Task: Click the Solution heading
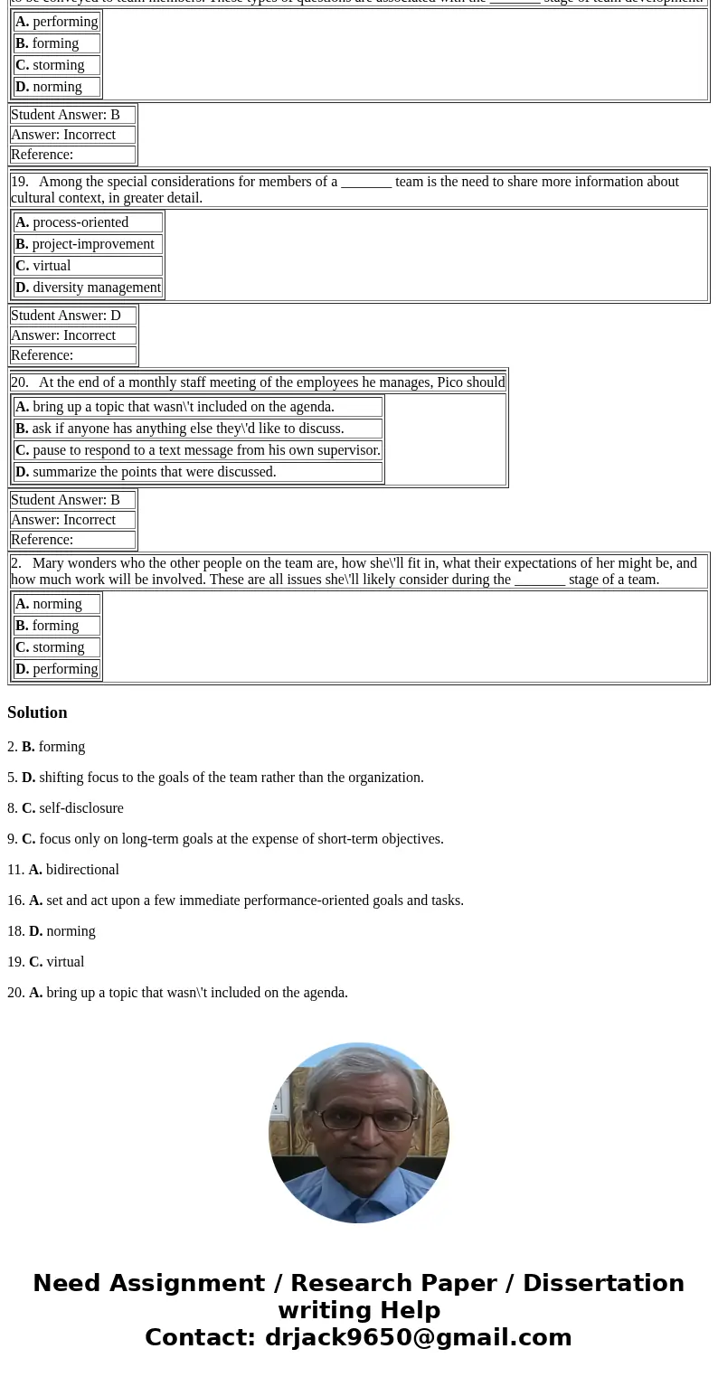tap(37, 712)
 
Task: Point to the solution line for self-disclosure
tap(65, 808)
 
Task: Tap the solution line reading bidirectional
tap(63, 870)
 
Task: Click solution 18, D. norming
tap(52, 931)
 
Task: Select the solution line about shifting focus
tap(215, 778)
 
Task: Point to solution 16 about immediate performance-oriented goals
tap(235, 901)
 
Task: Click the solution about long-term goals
tap(225, 839)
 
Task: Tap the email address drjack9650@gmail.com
tap(418, 1337)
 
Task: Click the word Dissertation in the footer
tap(603, 1283)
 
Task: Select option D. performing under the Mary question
tap(56, 669)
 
